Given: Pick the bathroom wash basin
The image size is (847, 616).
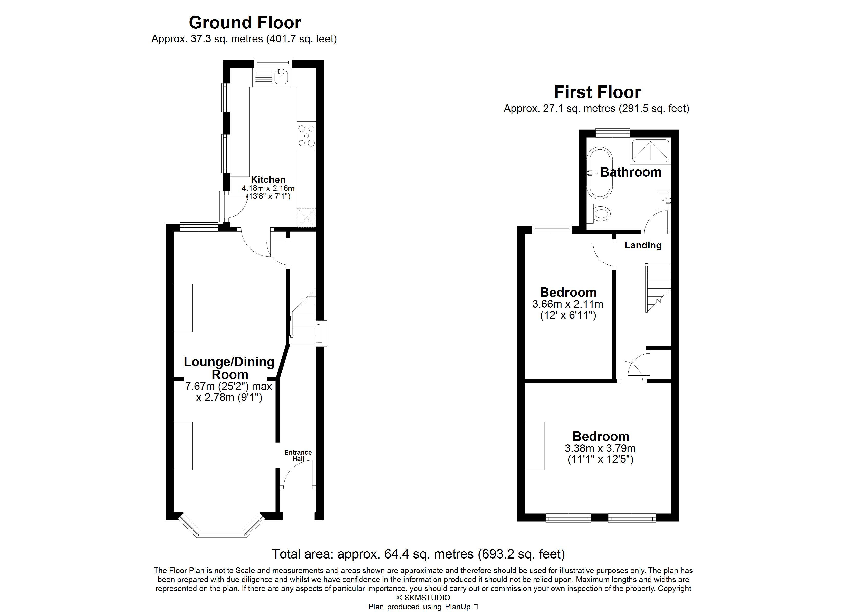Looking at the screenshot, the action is pos(664,201).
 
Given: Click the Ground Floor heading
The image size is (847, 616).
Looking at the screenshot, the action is pos(245,23).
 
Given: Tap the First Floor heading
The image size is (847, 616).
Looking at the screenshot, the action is pos(597,92).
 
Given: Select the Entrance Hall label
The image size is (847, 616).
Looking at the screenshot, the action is pos(298,455).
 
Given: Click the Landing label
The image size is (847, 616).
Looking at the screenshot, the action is pos(643,245).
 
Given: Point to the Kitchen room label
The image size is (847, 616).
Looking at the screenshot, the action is pos(268,180).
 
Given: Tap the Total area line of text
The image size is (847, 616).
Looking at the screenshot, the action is pos(418,554).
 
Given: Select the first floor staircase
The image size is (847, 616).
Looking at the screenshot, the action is pos(658,288).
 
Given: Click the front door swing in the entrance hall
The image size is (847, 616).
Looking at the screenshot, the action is pos(297,474).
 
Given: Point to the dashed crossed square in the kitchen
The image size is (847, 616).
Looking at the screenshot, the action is pos(306,217).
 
